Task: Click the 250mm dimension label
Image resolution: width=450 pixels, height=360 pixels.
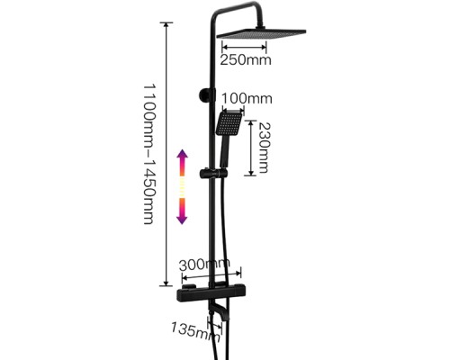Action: [246, 59]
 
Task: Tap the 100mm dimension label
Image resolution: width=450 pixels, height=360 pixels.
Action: [247, 98]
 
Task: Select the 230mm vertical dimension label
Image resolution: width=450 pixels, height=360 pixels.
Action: [264, 148]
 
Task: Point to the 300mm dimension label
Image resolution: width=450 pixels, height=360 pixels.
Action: [204, 264]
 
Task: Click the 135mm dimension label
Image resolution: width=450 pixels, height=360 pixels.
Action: [195, 331]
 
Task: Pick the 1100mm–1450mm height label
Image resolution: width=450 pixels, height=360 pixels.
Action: [148, 154]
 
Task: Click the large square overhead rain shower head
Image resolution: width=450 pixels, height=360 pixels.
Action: [261, 34]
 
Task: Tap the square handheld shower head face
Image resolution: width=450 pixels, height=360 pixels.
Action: [229, 123]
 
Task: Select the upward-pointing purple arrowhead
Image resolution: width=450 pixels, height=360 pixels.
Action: [183, 157]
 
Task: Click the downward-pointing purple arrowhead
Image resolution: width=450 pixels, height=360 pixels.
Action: [183, 217]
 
